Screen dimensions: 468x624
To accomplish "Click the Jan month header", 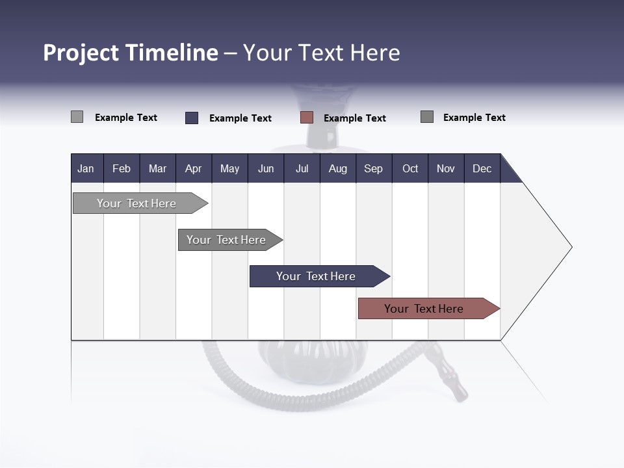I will click(86, 168).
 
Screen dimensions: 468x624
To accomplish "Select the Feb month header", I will click(122, 168).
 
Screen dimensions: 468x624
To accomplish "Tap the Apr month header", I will click(194, 168).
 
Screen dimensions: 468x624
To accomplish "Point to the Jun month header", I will click(266, 168).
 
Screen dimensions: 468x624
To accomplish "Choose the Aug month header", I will click(338, 168).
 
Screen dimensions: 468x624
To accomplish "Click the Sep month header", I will click(374, 168).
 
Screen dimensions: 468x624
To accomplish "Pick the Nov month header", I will click(446, 168).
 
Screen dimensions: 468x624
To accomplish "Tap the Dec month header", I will click(482, 168).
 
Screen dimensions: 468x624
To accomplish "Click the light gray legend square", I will click(77, 117).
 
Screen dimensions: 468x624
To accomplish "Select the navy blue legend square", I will click(192, 118).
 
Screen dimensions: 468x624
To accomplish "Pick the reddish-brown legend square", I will click(307, 118).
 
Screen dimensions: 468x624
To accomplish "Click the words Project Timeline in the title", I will click(130, 53).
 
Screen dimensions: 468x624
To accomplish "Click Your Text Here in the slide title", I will click(322, 53).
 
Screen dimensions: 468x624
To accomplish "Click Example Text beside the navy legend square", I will click(240, 118).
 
